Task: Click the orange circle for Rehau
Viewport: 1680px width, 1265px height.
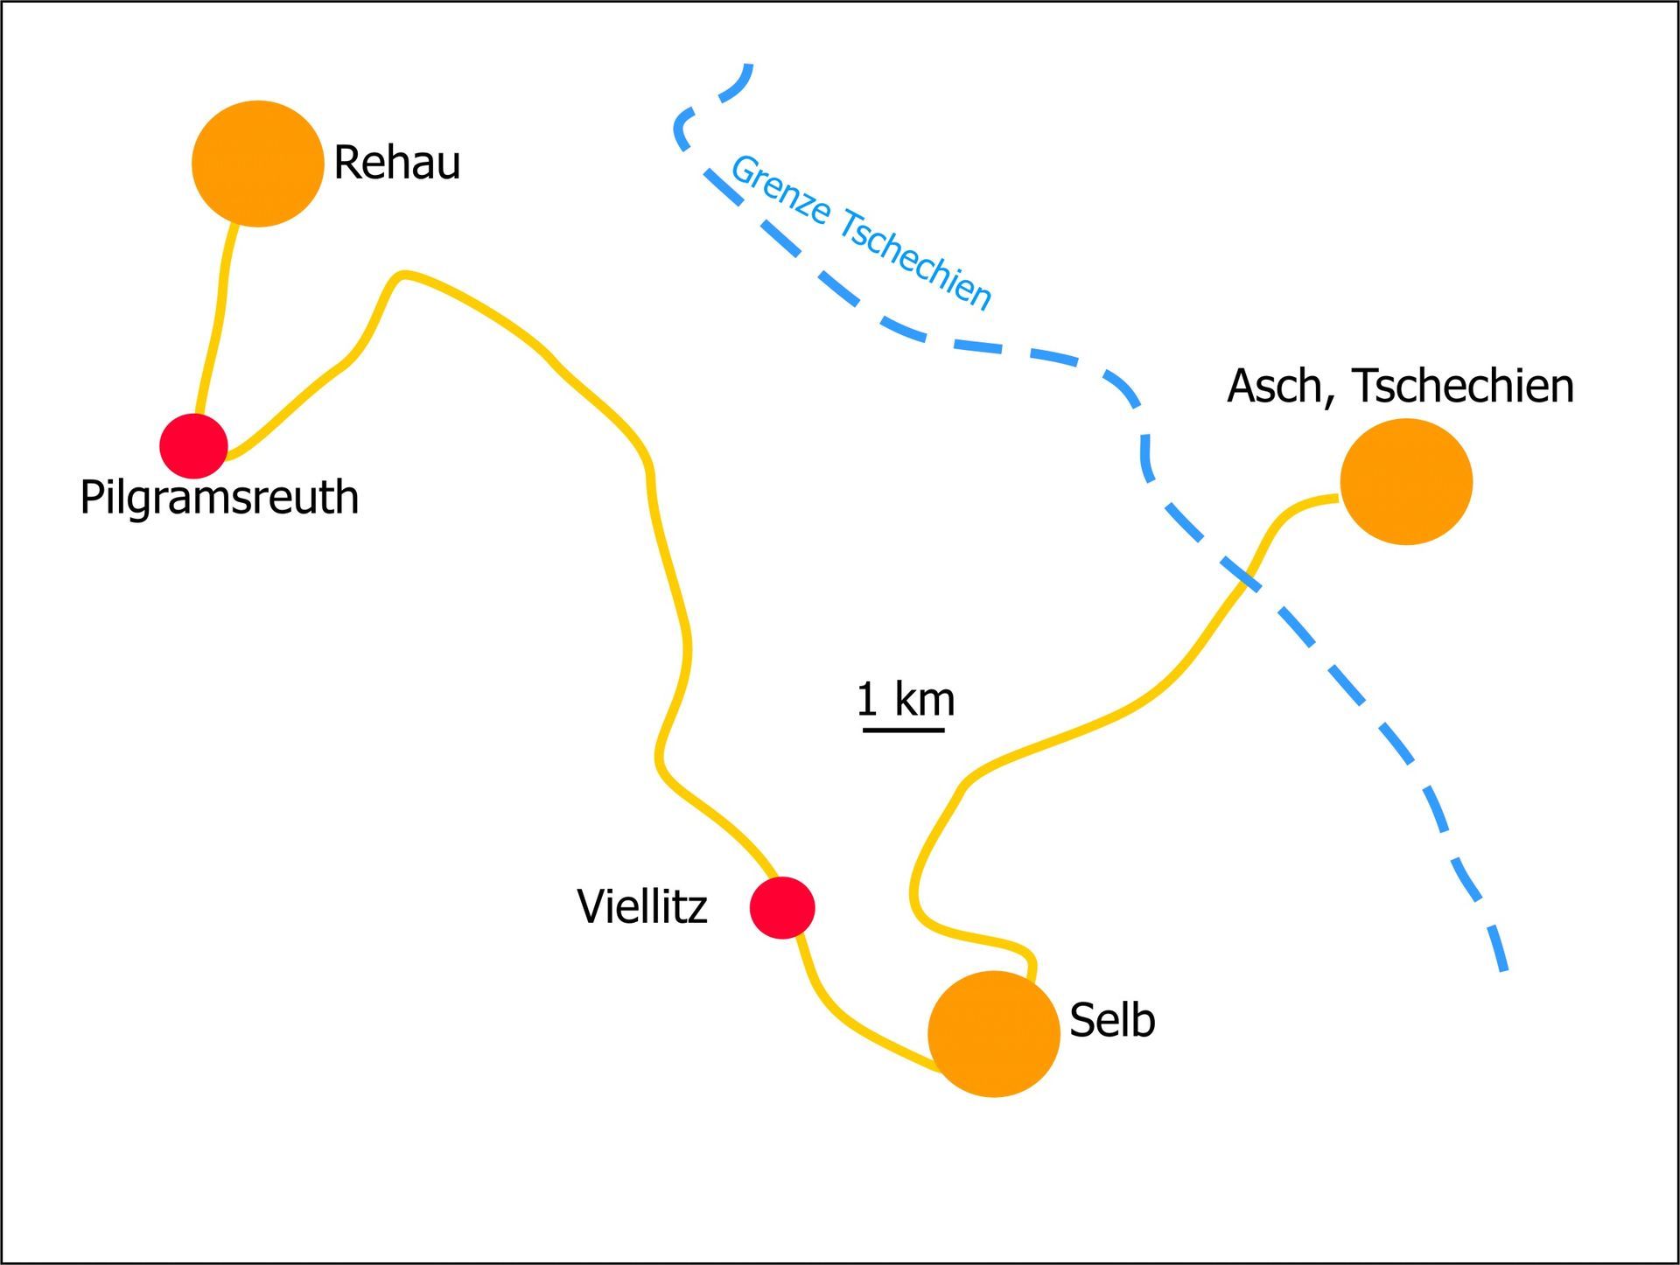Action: point(257,164)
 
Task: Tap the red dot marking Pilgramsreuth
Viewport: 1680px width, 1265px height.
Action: point(193,446)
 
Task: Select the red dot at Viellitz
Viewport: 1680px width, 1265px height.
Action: point(782,908)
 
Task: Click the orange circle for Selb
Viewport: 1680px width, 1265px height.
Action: point(993,1033)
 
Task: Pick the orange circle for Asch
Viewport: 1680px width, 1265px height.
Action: point(1406,481)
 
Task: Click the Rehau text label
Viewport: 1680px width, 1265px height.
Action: point(396,164)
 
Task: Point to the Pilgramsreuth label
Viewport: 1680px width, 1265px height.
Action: point(219,498)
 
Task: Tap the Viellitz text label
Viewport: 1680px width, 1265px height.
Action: point(641,907)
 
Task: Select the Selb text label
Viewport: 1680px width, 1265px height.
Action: point(1112,1020)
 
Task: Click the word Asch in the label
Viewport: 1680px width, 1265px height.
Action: point(1280,386)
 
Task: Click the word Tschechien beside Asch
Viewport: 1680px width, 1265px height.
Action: point(1463,386)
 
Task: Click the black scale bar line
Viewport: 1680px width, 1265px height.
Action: point(903,728)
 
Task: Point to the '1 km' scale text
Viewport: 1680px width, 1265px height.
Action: point(906,699)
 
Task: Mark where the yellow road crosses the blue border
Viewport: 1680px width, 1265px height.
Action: point(1246,580)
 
